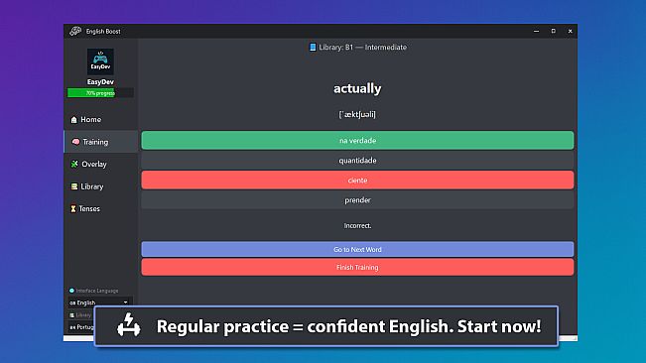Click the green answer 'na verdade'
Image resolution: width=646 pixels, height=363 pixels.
click(357, 140)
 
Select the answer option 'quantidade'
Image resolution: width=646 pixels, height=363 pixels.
click(357, 160)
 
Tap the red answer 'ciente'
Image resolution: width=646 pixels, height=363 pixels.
click(357, 180)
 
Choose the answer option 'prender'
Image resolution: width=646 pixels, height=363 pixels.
click(357, 199)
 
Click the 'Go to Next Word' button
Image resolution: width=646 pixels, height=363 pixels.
click(357, 249)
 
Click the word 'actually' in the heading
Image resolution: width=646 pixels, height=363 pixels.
click(357, 88)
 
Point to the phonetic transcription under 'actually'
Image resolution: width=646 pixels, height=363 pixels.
click(357, 114)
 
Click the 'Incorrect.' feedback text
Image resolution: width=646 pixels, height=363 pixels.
click(357, 226)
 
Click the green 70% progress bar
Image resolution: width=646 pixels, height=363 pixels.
click(100, 93)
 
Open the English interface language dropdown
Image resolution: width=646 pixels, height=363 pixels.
click(100, 301)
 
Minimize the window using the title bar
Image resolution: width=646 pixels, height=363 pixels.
click(534, 33)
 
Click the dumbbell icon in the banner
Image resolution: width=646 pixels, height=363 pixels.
click(129, 325)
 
